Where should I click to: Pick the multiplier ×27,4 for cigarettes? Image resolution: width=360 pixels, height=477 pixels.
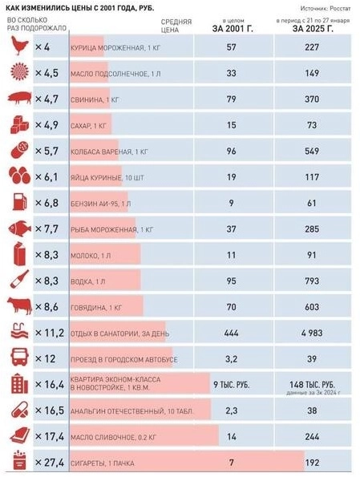[50, 463]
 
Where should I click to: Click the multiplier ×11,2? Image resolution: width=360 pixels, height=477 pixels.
[50, 333]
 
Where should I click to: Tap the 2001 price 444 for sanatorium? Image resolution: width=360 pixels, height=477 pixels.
[232, 333]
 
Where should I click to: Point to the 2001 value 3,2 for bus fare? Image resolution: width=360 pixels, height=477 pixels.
[232, 358]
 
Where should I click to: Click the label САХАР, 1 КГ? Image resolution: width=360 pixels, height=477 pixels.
[93, 126]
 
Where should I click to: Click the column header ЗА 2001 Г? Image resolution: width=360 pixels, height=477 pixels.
[232, 28]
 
